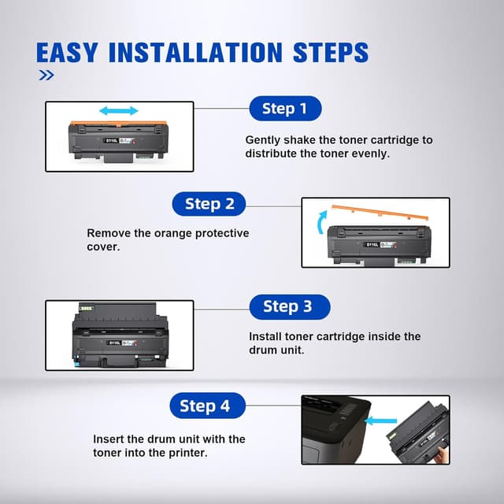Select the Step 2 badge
[x=209, y=204]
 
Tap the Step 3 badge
[x=289, y=306]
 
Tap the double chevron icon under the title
[x=46, y=76]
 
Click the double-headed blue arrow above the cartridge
[x=119, y=110]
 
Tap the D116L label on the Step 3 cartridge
[x=115, y=343]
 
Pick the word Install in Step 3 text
[x=265, y=336]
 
